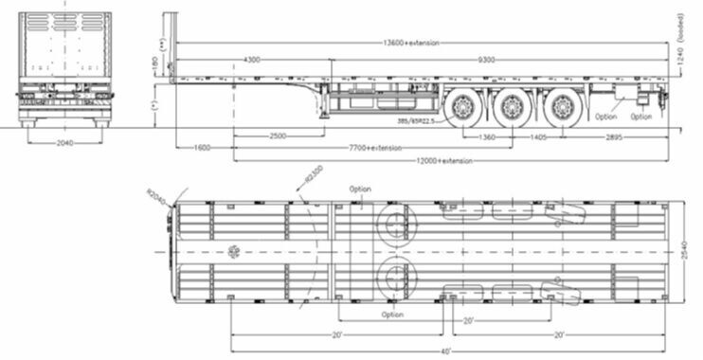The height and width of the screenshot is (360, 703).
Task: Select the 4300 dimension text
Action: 252,60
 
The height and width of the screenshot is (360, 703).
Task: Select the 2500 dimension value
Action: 279,137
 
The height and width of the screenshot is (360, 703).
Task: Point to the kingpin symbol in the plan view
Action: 232,252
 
